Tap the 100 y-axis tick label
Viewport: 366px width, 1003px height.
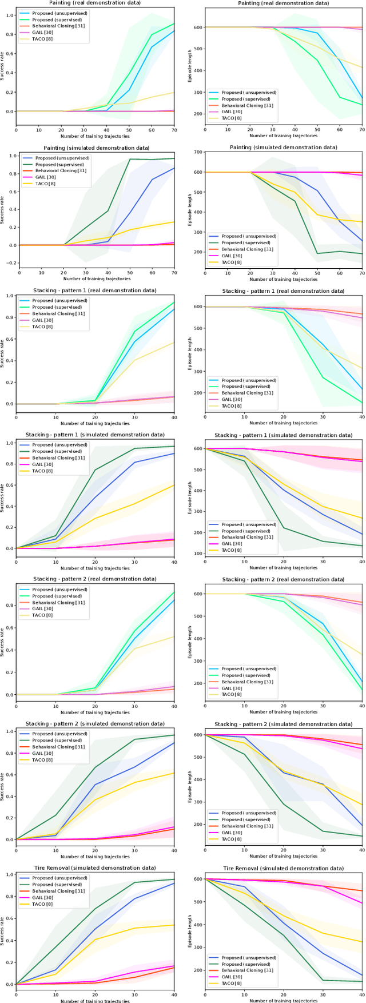196,554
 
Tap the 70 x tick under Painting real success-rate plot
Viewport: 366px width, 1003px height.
174,129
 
